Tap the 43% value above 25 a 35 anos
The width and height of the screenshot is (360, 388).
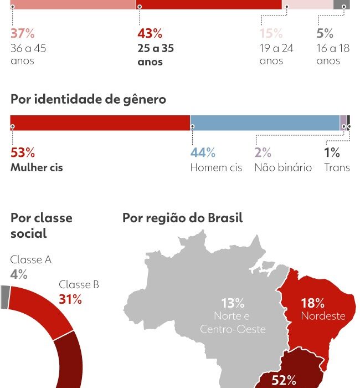point(150,33)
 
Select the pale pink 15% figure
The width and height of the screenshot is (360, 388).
point(271,33)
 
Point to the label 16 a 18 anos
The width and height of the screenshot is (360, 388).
point(333,54)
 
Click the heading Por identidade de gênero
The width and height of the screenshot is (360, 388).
point(88,100)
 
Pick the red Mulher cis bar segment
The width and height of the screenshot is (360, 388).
point(100,122)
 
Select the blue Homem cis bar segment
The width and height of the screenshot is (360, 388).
point(265,122)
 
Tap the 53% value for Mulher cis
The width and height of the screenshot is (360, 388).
point(22,153)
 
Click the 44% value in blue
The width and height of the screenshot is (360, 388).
point(203,153)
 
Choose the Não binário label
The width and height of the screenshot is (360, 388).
point(282,167)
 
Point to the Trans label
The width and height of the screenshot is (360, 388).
point(337,167)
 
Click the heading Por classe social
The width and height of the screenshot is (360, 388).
point(41,226)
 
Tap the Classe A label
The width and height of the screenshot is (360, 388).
point(31,260)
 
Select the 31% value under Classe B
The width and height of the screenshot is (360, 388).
point(70,299)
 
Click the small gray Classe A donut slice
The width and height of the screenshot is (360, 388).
point(5,297)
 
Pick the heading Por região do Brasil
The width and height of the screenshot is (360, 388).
point(182,218)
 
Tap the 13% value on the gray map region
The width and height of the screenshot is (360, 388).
point(233,303)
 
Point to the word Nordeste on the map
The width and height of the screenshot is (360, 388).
point(323,316)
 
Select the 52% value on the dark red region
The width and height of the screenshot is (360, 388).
point(284,380)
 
